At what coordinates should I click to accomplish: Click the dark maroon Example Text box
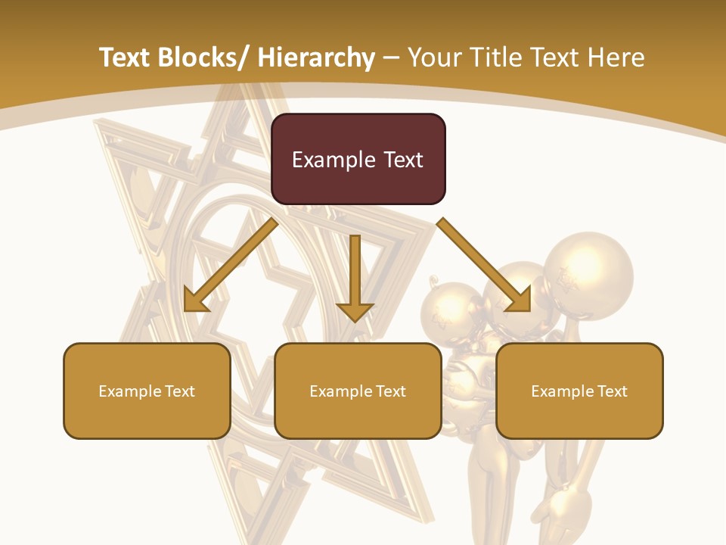(x=358, y=159)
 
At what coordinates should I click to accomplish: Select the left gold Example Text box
(x=147, y=391)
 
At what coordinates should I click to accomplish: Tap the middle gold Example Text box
(x=358, y=391)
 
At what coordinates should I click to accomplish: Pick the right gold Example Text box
(x=579, y=391)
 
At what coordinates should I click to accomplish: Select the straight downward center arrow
(x=355, y=276)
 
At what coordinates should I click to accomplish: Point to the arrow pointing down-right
(x=484, y=265)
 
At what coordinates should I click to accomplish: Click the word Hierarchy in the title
(x=316, y=58)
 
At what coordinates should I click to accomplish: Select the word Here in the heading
(x=617, y=58)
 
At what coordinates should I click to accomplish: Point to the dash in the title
(x=391, y=58)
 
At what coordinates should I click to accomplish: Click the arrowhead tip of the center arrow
(x=355, y=319)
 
